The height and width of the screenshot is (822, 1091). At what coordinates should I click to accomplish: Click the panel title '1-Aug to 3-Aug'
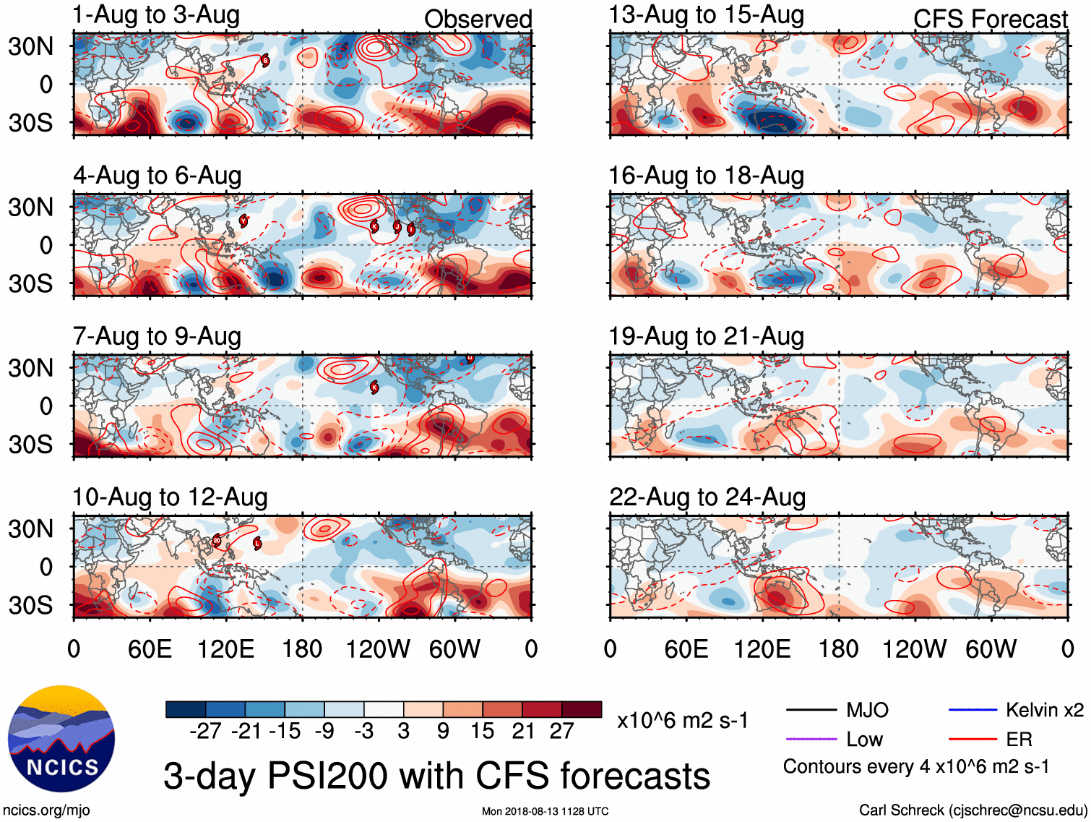click(x=156, y=15)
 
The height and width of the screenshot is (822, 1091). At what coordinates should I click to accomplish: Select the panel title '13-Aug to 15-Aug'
click(x=706, y=15)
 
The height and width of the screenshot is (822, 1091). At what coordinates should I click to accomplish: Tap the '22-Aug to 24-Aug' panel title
click(x=707, y=497)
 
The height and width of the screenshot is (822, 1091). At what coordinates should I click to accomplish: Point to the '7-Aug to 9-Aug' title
click(x=157, y=337)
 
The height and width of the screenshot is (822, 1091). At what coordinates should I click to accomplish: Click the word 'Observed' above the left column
click(x=478, y=20)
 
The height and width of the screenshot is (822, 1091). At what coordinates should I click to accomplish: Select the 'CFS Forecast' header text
click(x=990, y=20)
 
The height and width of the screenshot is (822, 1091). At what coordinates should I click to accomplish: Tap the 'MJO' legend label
click(x=867, y=711)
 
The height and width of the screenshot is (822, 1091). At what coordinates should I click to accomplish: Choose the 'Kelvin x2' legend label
click(x=1044, y=711)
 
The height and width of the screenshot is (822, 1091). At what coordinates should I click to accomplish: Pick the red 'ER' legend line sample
click(x=973, y=740)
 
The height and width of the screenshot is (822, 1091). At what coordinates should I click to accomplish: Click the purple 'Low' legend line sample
click(x=811, y=740)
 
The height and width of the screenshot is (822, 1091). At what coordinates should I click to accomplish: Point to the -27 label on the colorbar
click(x=205, y=732)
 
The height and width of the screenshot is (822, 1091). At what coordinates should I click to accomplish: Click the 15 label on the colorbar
click(x=483, y=732)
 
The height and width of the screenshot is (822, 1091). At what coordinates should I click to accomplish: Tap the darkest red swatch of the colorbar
click(x=582, y=709)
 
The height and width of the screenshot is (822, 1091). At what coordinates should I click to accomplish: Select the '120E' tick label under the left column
click(x=225, y=649)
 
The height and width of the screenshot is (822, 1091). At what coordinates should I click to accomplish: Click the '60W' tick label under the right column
click(x=991, y=649)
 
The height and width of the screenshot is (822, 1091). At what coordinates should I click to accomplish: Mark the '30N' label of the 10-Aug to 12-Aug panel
click(x=31, y=529)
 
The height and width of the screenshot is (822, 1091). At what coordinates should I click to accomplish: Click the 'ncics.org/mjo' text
click(x=46, y=810)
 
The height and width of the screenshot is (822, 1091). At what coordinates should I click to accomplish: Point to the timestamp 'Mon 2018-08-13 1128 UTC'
click(x=545, y=811)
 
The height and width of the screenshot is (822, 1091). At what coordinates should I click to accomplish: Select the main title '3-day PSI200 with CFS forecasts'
click(x=436, y=776)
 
